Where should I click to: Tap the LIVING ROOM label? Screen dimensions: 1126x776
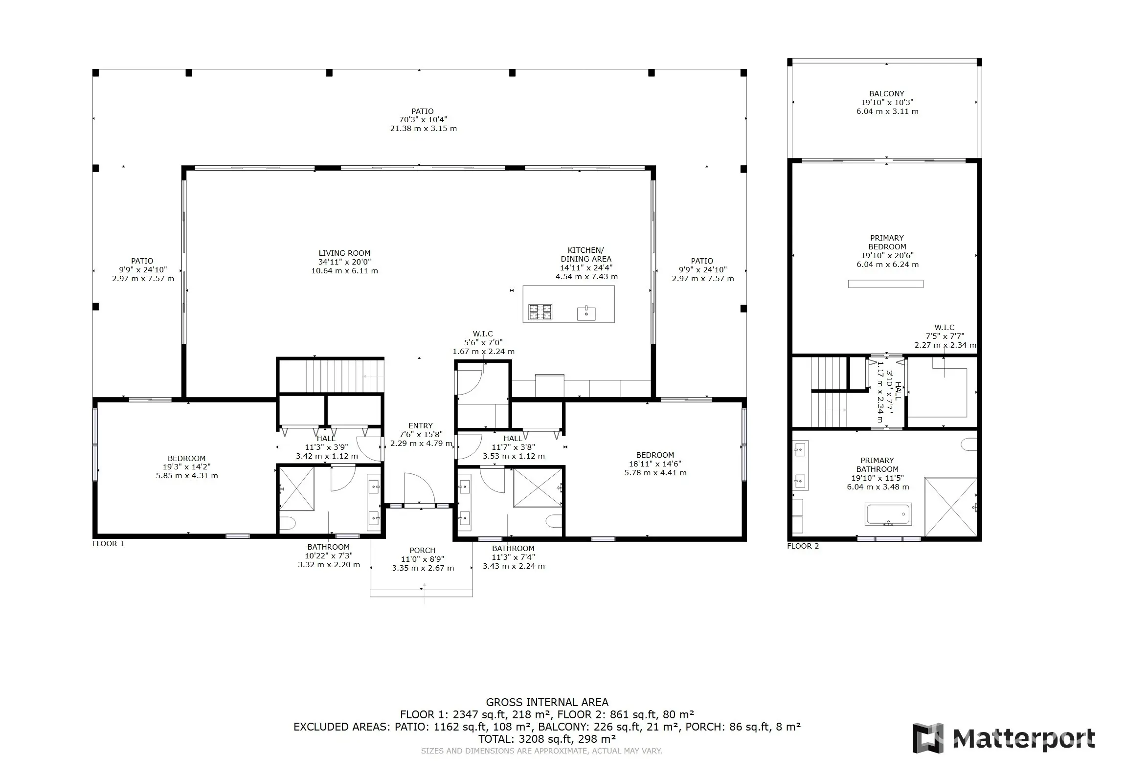point(344,253)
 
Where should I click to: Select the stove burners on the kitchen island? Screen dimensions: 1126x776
point(540,312)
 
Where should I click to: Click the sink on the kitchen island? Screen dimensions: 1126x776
point(586,313)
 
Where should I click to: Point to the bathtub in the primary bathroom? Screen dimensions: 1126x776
point(888,514)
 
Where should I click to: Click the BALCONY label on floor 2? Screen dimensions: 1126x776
point(887,94)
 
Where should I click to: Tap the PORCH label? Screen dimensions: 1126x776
point(422,551)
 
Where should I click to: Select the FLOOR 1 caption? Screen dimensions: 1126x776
point(108,544)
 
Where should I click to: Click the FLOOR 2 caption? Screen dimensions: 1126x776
point(803,546)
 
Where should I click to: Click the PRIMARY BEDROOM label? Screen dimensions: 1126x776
point(887,243)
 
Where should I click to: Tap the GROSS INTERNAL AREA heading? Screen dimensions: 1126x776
point(547,703)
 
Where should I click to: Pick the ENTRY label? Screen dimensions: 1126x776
point(421,426)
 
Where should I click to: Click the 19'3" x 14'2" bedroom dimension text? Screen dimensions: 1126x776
point(186,467)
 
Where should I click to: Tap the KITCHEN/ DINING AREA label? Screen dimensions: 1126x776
point(586,255)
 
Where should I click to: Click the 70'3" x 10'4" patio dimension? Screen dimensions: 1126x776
point(423,120)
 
